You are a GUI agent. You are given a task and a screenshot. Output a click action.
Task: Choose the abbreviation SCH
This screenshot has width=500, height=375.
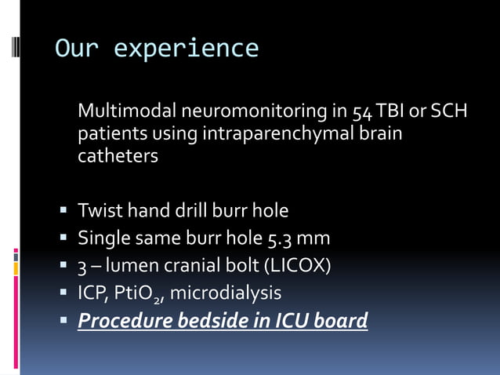(x=449, y=112)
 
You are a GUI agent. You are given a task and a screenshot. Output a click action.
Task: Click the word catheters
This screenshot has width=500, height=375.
(x=118, y=156)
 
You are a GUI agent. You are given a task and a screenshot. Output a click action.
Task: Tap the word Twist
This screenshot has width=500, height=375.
(x=100, y=211)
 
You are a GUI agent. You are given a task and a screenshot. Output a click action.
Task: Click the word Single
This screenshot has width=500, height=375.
(x=103, y=238)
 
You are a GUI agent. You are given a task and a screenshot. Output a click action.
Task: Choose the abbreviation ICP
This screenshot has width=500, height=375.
(x=92, y=293)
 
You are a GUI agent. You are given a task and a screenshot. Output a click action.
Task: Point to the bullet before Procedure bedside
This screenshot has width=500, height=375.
(x=63, y=322)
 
